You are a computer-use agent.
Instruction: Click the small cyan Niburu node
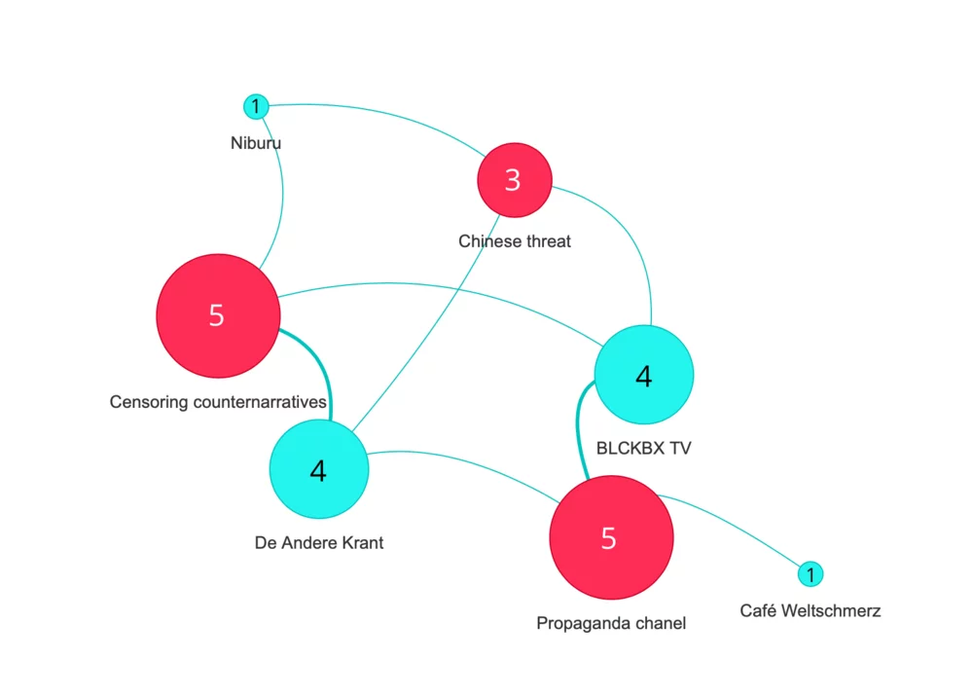click(255, 106)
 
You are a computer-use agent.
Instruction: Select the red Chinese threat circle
click(514, 180)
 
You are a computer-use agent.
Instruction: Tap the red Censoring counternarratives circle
click(218, 315)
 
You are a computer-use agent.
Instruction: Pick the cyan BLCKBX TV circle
click(643, 376)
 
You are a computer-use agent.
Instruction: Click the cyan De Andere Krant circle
click(318, 470)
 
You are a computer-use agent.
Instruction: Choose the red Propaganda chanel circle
click(611, 537)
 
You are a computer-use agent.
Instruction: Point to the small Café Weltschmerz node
click(811, 574)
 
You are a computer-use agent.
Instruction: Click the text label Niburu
click(256, 143)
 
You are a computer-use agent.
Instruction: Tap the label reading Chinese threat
click(515, 240)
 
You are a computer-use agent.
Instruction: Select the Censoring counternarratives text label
click(218, 401)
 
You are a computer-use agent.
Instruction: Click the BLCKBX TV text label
click(643, 449)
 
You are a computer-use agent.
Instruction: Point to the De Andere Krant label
click(319, 543)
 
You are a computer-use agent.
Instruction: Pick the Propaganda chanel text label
click(611, 623)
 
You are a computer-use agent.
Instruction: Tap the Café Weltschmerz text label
click(811, 611)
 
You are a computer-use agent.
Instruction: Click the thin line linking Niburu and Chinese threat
click(389, 115)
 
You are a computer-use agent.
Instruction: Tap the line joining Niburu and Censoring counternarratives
click(282, 195)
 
